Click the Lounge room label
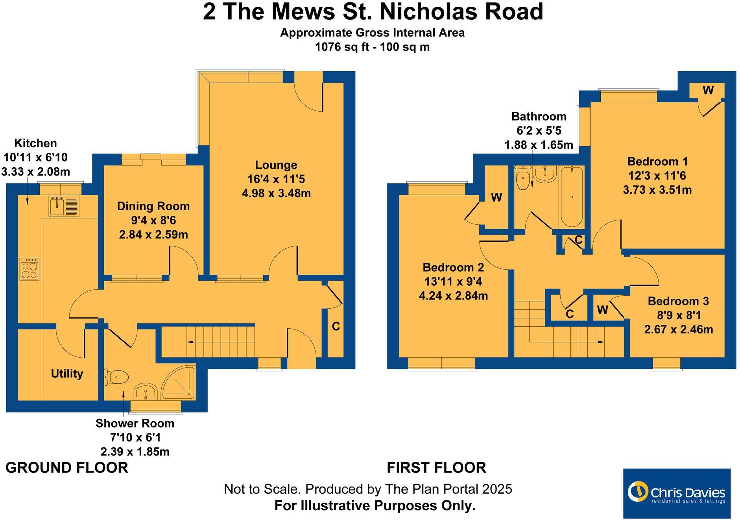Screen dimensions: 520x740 tap(276, 165)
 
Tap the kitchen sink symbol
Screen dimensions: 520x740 tap(64, 206)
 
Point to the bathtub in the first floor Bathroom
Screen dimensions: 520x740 tap(571, 197)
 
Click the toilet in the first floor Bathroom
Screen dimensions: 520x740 tap(523, 180)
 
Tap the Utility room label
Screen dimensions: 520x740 tap(67, 374)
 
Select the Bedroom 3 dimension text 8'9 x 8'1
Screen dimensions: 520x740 tap(678, 315)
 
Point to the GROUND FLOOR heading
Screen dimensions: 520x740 tap(67, 468)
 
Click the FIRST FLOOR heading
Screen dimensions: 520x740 tap(436, 468)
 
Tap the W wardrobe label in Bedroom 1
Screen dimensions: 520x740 tap(708, 91)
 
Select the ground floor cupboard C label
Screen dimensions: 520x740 tap(336, 326)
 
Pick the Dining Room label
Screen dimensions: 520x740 tap(153, 206)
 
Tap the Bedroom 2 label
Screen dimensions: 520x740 tap(453, 267)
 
